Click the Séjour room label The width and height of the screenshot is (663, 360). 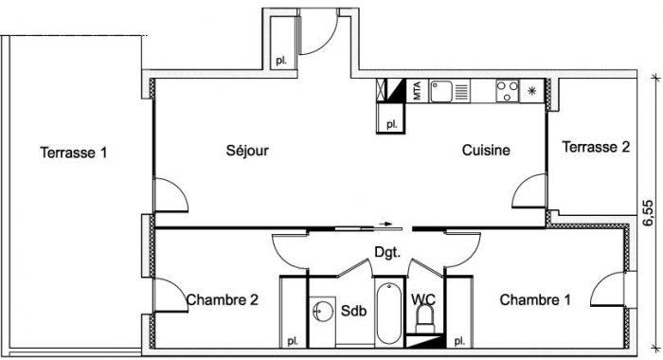[247, 151]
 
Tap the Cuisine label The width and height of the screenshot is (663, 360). [486, 150]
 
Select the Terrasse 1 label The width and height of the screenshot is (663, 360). [74, 153]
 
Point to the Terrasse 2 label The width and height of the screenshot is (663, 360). [596, 147]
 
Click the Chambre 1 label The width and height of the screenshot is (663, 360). [535, 300]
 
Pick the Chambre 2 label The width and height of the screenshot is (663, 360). [223, 300]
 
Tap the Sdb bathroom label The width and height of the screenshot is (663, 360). [353, 311]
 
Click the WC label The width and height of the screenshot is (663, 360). [423, 299]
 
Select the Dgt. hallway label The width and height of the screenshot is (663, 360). [387, 253]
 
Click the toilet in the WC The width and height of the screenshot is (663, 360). [425, 319]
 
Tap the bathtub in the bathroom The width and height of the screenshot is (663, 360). [389, 313]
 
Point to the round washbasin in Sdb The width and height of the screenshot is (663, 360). [323, 312]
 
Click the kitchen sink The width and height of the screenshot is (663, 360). [441, 91]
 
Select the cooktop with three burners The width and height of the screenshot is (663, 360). [508, 91]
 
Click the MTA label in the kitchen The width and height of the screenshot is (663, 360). [417, 91]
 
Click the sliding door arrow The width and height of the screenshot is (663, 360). [385, 224]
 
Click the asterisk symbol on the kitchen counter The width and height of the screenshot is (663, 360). [532, 90]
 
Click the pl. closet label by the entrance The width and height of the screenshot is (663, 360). [281, 61]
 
